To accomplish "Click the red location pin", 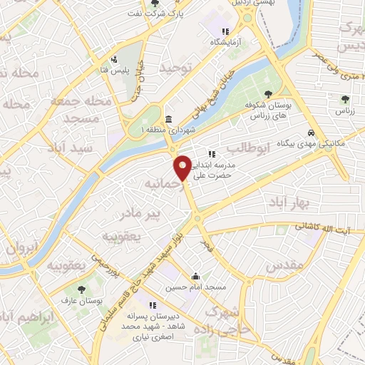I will (x=183, y=167).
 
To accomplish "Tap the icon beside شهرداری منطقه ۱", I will (x=168, y=119).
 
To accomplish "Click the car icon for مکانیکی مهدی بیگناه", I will (x=311, y=133).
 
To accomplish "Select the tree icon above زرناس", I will (x=346, y=100).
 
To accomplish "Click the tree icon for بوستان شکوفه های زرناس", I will (x=269, y=93).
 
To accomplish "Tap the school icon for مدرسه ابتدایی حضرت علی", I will (x=212, y=153).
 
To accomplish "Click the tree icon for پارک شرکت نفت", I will (x=155, y=3).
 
